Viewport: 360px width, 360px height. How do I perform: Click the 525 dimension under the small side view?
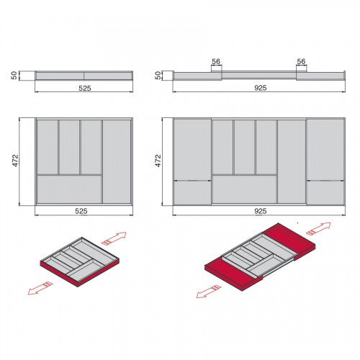[85, 89]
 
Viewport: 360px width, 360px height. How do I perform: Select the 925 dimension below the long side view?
[261, 88]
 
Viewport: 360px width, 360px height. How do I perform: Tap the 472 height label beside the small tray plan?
[15, 161]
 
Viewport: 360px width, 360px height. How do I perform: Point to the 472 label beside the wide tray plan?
[158, 161]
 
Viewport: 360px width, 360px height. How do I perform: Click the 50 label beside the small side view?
[14, 76]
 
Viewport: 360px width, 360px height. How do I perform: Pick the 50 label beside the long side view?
[158, 76]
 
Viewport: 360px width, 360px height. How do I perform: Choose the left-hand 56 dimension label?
[216, 62]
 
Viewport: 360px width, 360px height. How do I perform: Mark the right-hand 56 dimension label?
[301, 62]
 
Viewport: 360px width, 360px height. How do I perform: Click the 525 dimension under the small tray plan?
[81, 211]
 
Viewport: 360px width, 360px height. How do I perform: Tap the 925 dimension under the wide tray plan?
[261, 211]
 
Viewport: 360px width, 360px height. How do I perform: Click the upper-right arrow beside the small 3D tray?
[114, 238]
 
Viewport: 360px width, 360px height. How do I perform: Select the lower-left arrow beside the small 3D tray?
[40, 288]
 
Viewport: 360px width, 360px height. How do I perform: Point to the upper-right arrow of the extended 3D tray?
[318, 229]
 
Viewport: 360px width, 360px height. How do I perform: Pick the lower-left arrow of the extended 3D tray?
[209, 292]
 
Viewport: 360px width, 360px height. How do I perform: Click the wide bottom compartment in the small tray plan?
[69, 189]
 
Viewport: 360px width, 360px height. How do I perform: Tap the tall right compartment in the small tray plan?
[117, 161]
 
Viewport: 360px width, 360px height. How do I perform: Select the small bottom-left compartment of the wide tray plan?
[192, 193]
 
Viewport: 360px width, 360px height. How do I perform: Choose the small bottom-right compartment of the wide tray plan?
[325, 193]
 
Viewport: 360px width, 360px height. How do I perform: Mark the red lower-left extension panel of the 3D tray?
[232, 274]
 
